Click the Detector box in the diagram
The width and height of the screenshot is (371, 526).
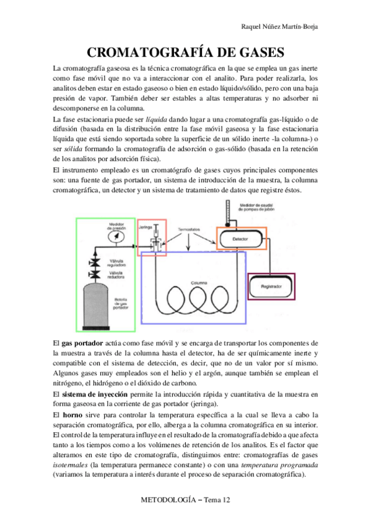click(240, 238)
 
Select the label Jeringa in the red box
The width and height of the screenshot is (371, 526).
click(146, 227)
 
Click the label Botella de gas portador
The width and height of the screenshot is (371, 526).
click(120, 303)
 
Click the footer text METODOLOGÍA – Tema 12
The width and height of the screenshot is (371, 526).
click(185, 500)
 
